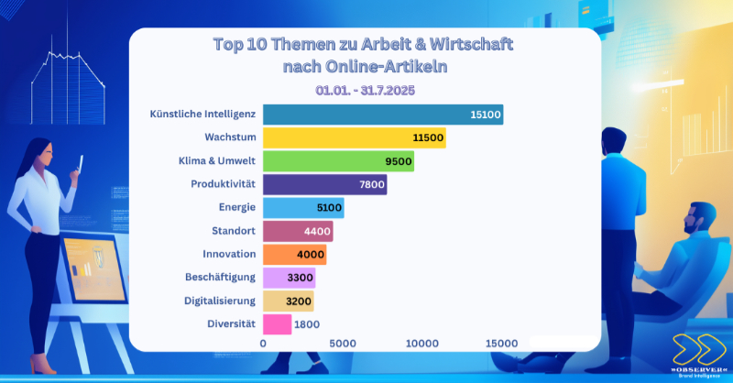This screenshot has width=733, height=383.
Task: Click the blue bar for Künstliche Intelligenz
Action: [382, 115]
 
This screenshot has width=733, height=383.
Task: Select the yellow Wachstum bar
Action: [354, 138]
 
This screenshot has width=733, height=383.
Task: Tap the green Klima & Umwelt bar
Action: [338, 161]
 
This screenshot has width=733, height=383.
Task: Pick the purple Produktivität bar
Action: [324, 185]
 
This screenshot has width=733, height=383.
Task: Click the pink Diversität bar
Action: [277, 323]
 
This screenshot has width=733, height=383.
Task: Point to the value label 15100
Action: [485, 115]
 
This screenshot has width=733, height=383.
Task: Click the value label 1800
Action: [307, 323]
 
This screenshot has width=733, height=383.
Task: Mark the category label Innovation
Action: [226, 254]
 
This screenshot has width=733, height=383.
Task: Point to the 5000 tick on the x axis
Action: [342, 343]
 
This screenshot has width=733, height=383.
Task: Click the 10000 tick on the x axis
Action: [422, 343]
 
